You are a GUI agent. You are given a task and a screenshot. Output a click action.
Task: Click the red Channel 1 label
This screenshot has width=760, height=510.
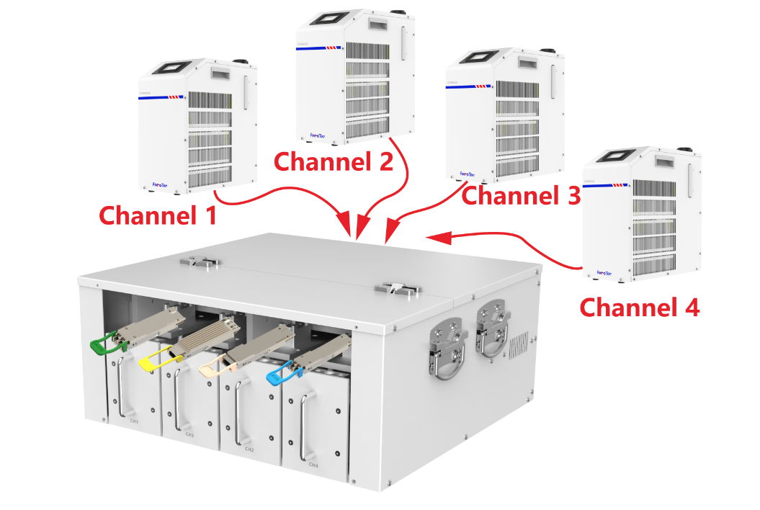coord(157,215)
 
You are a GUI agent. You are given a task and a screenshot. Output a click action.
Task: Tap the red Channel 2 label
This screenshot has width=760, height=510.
coord(334,161)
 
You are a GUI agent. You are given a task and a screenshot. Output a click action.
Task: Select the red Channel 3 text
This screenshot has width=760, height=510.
coord(520,194)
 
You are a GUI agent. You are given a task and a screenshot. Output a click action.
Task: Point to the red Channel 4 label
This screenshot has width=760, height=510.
coord(640,308)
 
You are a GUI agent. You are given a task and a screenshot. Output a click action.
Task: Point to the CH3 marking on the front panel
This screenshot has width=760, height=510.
coord(189,435)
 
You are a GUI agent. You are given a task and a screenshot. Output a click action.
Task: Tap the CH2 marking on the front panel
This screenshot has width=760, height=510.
coord(249,449)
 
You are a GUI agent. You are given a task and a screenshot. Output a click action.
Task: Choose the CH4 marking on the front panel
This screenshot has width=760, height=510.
coord(313,465)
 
